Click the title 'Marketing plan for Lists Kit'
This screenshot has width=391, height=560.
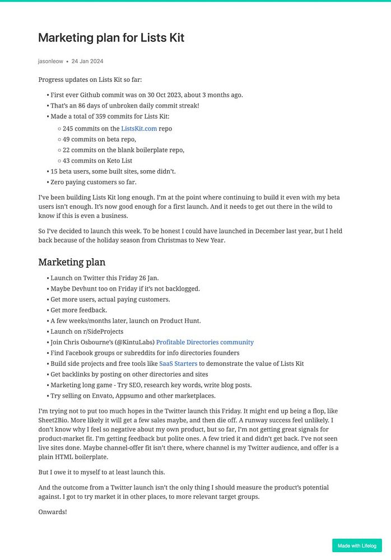coord(111,38)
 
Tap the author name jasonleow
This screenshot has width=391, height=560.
coord(50,61)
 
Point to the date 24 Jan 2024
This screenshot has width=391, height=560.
coord(87,61)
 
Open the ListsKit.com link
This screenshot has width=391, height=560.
coord(139,128)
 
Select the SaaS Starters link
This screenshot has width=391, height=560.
coord(178,363)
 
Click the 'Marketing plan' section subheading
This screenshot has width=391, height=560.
coord(72,262)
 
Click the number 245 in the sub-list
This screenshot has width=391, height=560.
coord(68,128)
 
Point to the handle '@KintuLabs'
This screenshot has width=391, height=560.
coord(134,342)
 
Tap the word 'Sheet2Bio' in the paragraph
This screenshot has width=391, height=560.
coord(56,422)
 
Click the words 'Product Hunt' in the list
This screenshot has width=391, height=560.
coord(180,321)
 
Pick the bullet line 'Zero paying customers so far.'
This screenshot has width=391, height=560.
coord(94,182)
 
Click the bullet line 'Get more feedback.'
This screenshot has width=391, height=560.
coord(78,310)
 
